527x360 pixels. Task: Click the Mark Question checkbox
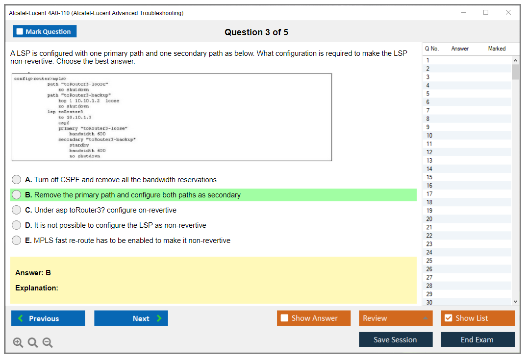[x=20, y=31]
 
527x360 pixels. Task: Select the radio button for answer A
[x=17, y=180]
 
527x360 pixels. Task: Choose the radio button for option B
[x=17, y=195]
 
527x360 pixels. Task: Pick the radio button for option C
[x=17, y=210]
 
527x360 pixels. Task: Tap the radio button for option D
[x=17, y=225]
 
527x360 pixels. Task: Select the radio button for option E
[x=17, y=240]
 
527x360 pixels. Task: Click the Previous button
[x=48, y=318]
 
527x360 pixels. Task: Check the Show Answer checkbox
[x=284, y=318]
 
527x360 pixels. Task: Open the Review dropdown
[x=396, y=318]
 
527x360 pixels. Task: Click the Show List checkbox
[x=449, y=318]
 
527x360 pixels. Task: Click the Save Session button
[x=396, y=339]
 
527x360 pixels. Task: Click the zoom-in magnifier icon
[x=18, y=342]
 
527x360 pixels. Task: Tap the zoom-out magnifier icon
[x=48, y=342]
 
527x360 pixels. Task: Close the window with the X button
[x=508, y=12]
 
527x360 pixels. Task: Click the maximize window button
[x=486, y=12]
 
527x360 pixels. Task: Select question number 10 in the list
[x=429, y=135]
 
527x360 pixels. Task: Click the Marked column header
[x=497, y=48]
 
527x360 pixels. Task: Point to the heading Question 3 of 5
[x=256, y=32]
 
